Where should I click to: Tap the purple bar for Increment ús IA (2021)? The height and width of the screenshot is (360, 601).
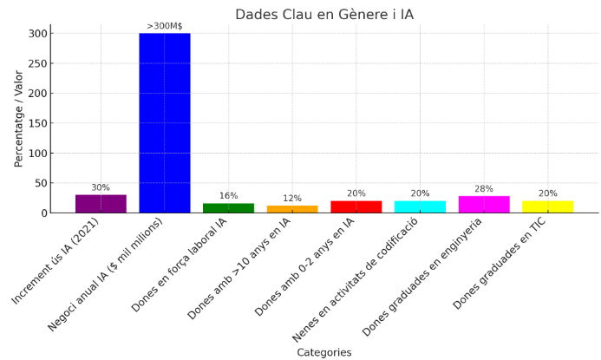(101, 204)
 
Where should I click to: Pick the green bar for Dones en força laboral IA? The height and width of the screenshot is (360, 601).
(228, 208)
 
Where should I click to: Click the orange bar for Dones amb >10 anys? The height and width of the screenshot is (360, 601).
(292, 209)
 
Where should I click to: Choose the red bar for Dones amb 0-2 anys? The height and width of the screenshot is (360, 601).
(356, 206)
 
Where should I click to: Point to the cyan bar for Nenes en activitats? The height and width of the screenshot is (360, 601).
(420, 206)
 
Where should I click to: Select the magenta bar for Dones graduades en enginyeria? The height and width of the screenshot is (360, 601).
(484, 205)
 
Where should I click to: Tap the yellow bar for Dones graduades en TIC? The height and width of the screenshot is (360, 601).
(547, 206)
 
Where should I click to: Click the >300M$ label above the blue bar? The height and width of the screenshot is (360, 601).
(165, 26)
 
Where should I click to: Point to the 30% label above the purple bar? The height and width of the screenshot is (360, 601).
(101, 187)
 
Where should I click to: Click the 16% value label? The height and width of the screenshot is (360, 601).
(228, 196)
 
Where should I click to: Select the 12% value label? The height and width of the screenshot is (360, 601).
(292, 199)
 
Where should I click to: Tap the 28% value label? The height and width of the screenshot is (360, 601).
(484, 189)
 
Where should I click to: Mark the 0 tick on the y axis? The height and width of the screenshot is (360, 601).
(44, 213)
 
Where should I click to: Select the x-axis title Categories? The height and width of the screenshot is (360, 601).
(324, 352)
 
